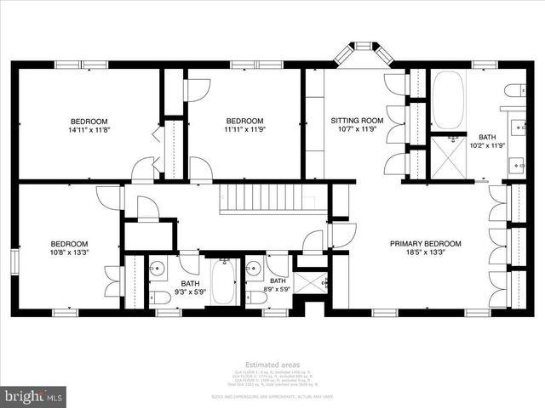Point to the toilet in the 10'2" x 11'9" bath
point(515,91)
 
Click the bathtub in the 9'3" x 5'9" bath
point(224,283)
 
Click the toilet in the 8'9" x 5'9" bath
point(255,298)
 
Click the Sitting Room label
point(357,121)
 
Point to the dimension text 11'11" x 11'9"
point(244,131)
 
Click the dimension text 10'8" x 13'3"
point(68,252)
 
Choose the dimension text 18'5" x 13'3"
point(425,252)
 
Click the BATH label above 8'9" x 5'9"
point(278,280)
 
